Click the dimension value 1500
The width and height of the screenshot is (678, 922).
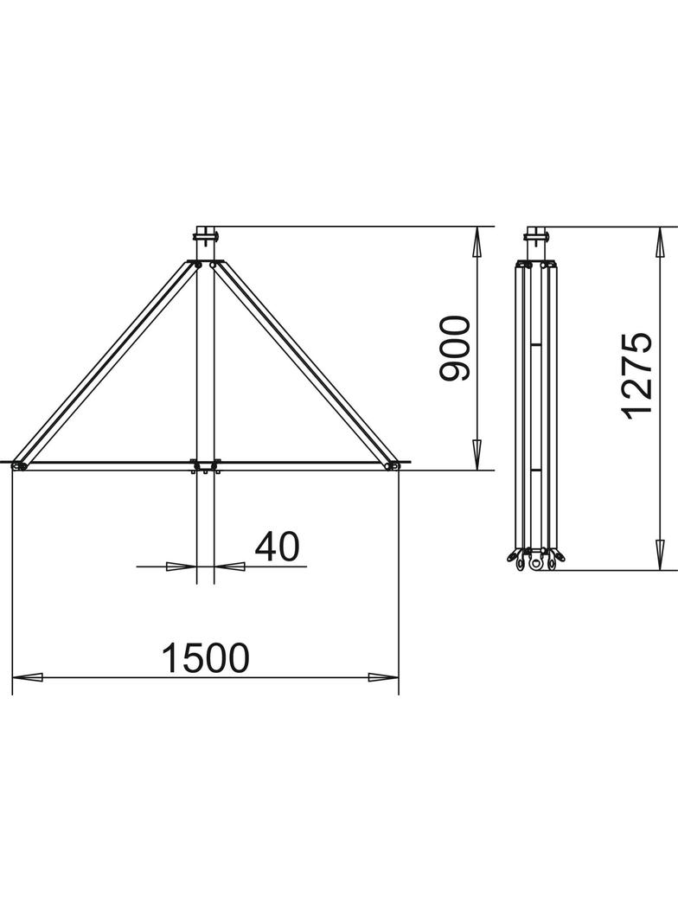tap(205, 659)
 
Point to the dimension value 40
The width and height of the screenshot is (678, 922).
tap(277, 547)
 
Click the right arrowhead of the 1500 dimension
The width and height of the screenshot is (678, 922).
tap(383, 677)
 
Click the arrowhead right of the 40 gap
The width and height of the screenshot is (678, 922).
tap(229, 567)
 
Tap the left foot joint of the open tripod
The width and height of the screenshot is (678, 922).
tap(21, 465)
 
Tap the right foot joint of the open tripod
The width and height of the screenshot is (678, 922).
tap(392, 465)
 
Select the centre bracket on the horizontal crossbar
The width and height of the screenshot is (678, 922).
tap(205, 466)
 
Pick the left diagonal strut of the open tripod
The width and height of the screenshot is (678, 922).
tap(108, 363)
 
